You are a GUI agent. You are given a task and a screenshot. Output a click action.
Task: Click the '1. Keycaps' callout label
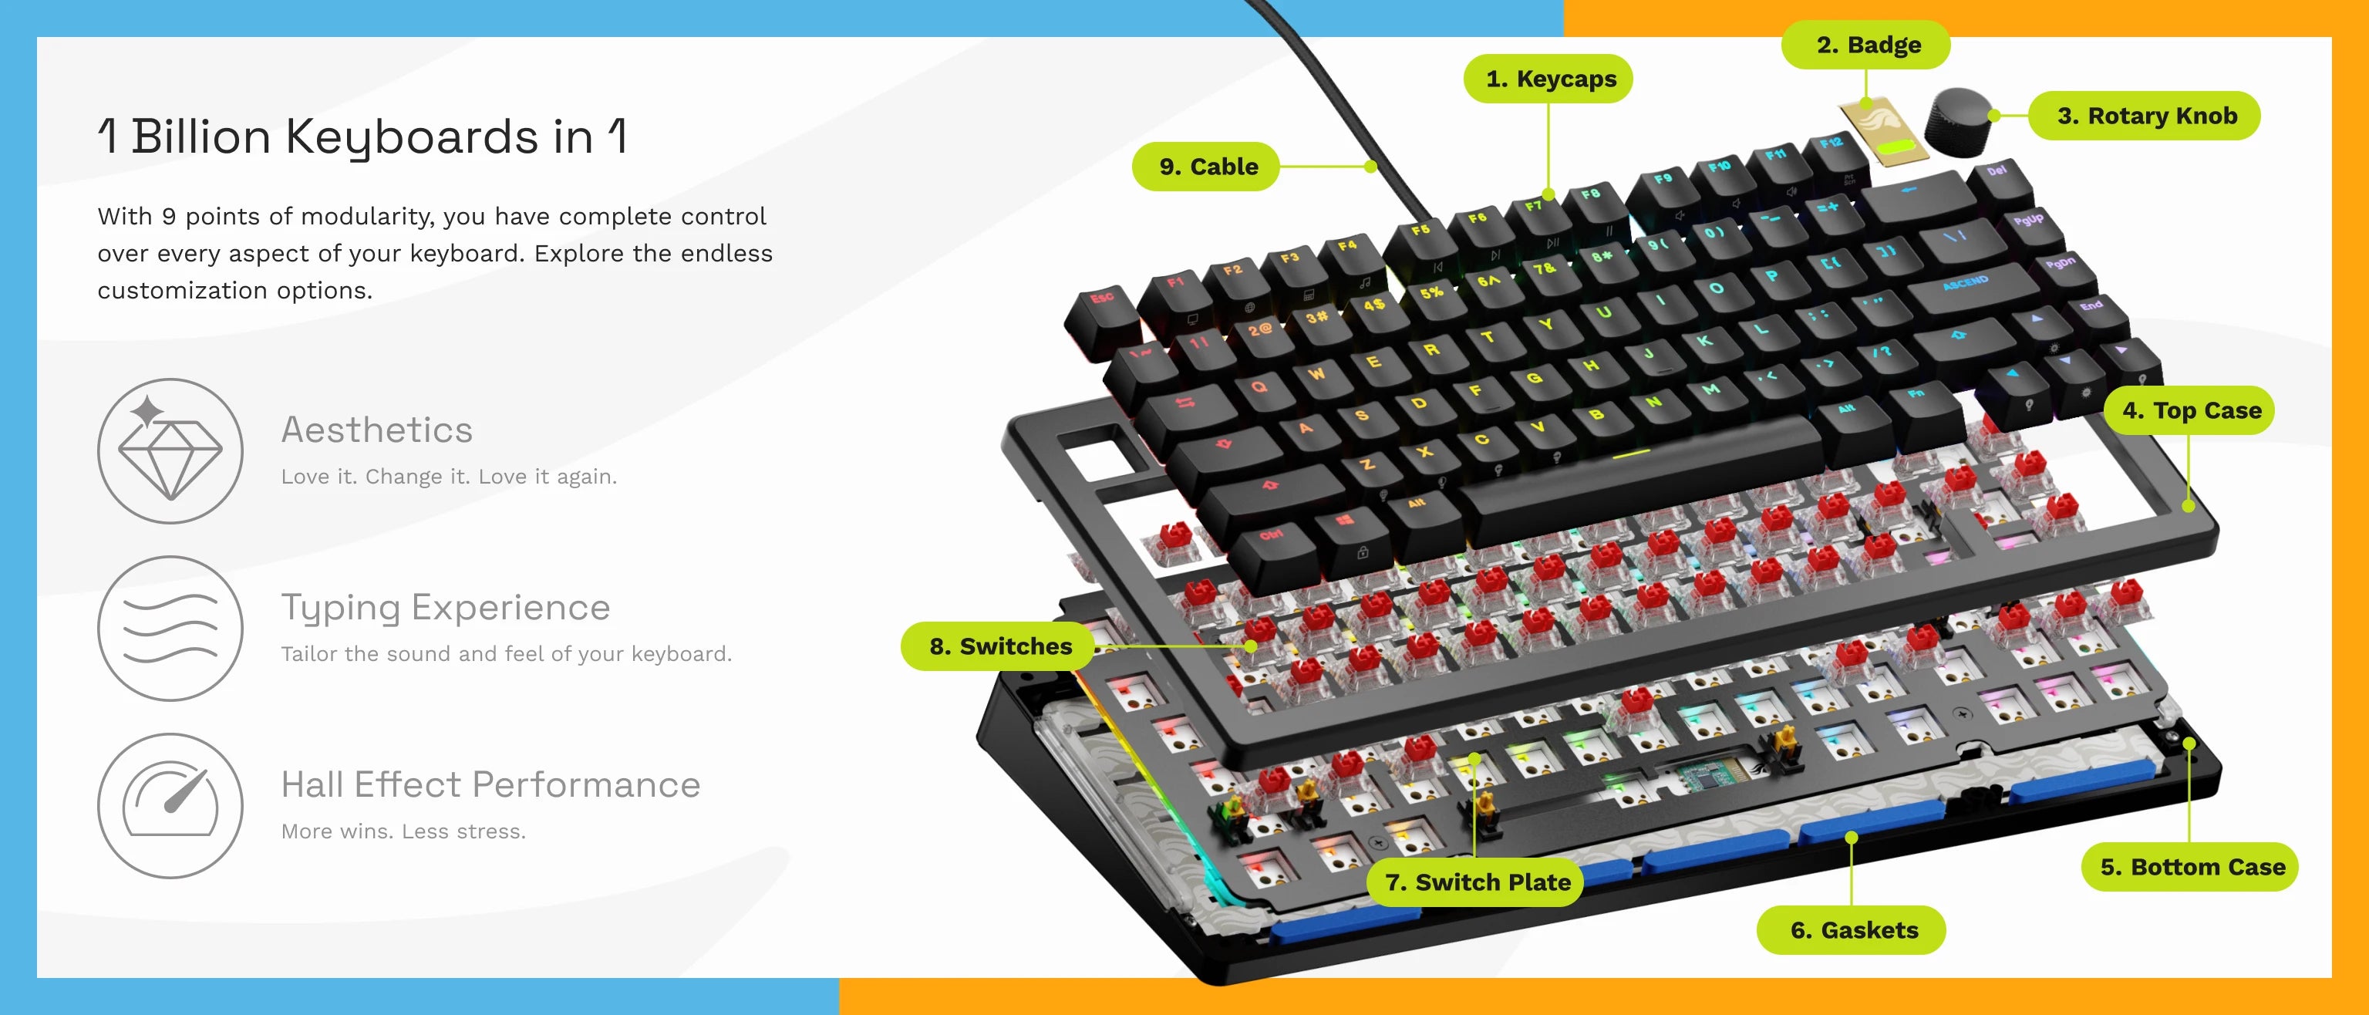pyautogui.click(x=1548, y=79)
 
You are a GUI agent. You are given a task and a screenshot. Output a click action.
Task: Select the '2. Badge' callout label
pyautogui.click(x=1866, y=45)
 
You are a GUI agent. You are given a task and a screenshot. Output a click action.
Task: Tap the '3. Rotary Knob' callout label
pyautogui.click(x=2145, y=116)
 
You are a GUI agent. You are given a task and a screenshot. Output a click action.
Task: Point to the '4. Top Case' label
pyautogui.click(x=2189, y=411)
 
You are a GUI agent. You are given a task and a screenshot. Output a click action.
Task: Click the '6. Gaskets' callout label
pyautogui.click(x=1852, y=930)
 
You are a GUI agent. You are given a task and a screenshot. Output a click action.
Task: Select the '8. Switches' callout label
pyautogui.click(x=998, y=646)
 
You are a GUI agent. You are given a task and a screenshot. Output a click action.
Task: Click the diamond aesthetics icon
pyautogui.click(x=170, y=451)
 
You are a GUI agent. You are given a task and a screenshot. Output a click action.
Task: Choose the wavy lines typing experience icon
pyautogui.click(x=170, y=629)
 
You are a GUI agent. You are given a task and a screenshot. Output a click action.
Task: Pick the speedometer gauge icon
pyautogui.click(x=170, y=806)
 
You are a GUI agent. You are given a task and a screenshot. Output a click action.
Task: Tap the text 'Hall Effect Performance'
pyautogui.click(x=490, y=785)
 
